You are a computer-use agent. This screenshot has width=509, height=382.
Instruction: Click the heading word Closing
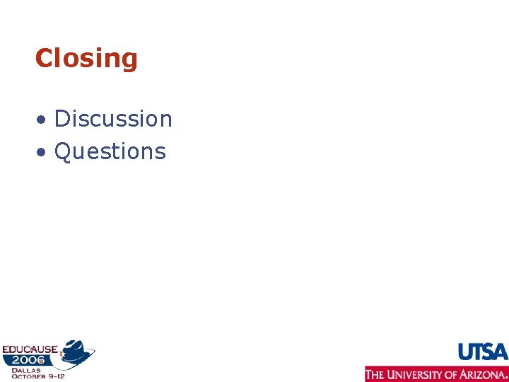coord(86,58)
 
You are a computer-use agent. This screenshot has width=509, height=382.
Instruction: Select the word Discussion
coord(113,119)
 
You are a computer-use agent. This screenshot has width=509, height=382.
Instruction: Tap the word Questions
coord(110,151)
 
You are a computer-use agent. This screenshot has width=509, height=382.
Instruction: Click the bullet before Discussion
coord(43,120)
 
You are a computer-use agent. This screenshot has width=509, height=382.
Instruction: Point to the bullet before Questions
coord(43,153)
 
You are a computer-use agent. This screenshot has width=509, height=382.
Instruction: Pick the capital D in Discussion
coord(62,119)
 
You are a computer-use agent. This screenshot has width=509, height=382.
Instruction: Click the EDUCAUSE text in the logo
coord(30,349)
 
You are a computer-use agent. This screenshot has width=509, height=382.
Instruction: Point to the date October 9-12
coord(37,376)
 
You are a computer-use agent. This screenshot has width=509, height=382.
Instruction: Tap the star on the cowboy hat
coord(71,348)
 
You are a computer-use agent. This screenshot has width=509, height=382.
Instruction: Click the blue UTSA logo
coord(483,352)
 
